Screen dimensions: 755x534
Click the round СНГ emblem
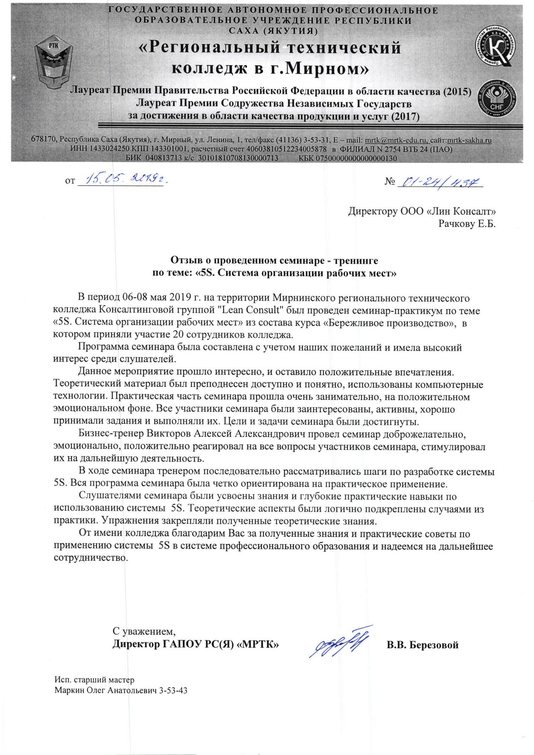point(497,98)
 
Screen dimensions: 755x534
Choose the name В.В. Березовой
point(422,645)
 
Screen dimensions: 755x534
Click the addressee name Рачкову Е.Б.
point(466,224)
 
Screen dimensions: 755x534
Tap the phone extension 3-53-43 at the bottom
point(174,690)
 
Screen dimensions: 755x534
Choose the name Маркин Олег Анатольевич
point(106,690)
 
